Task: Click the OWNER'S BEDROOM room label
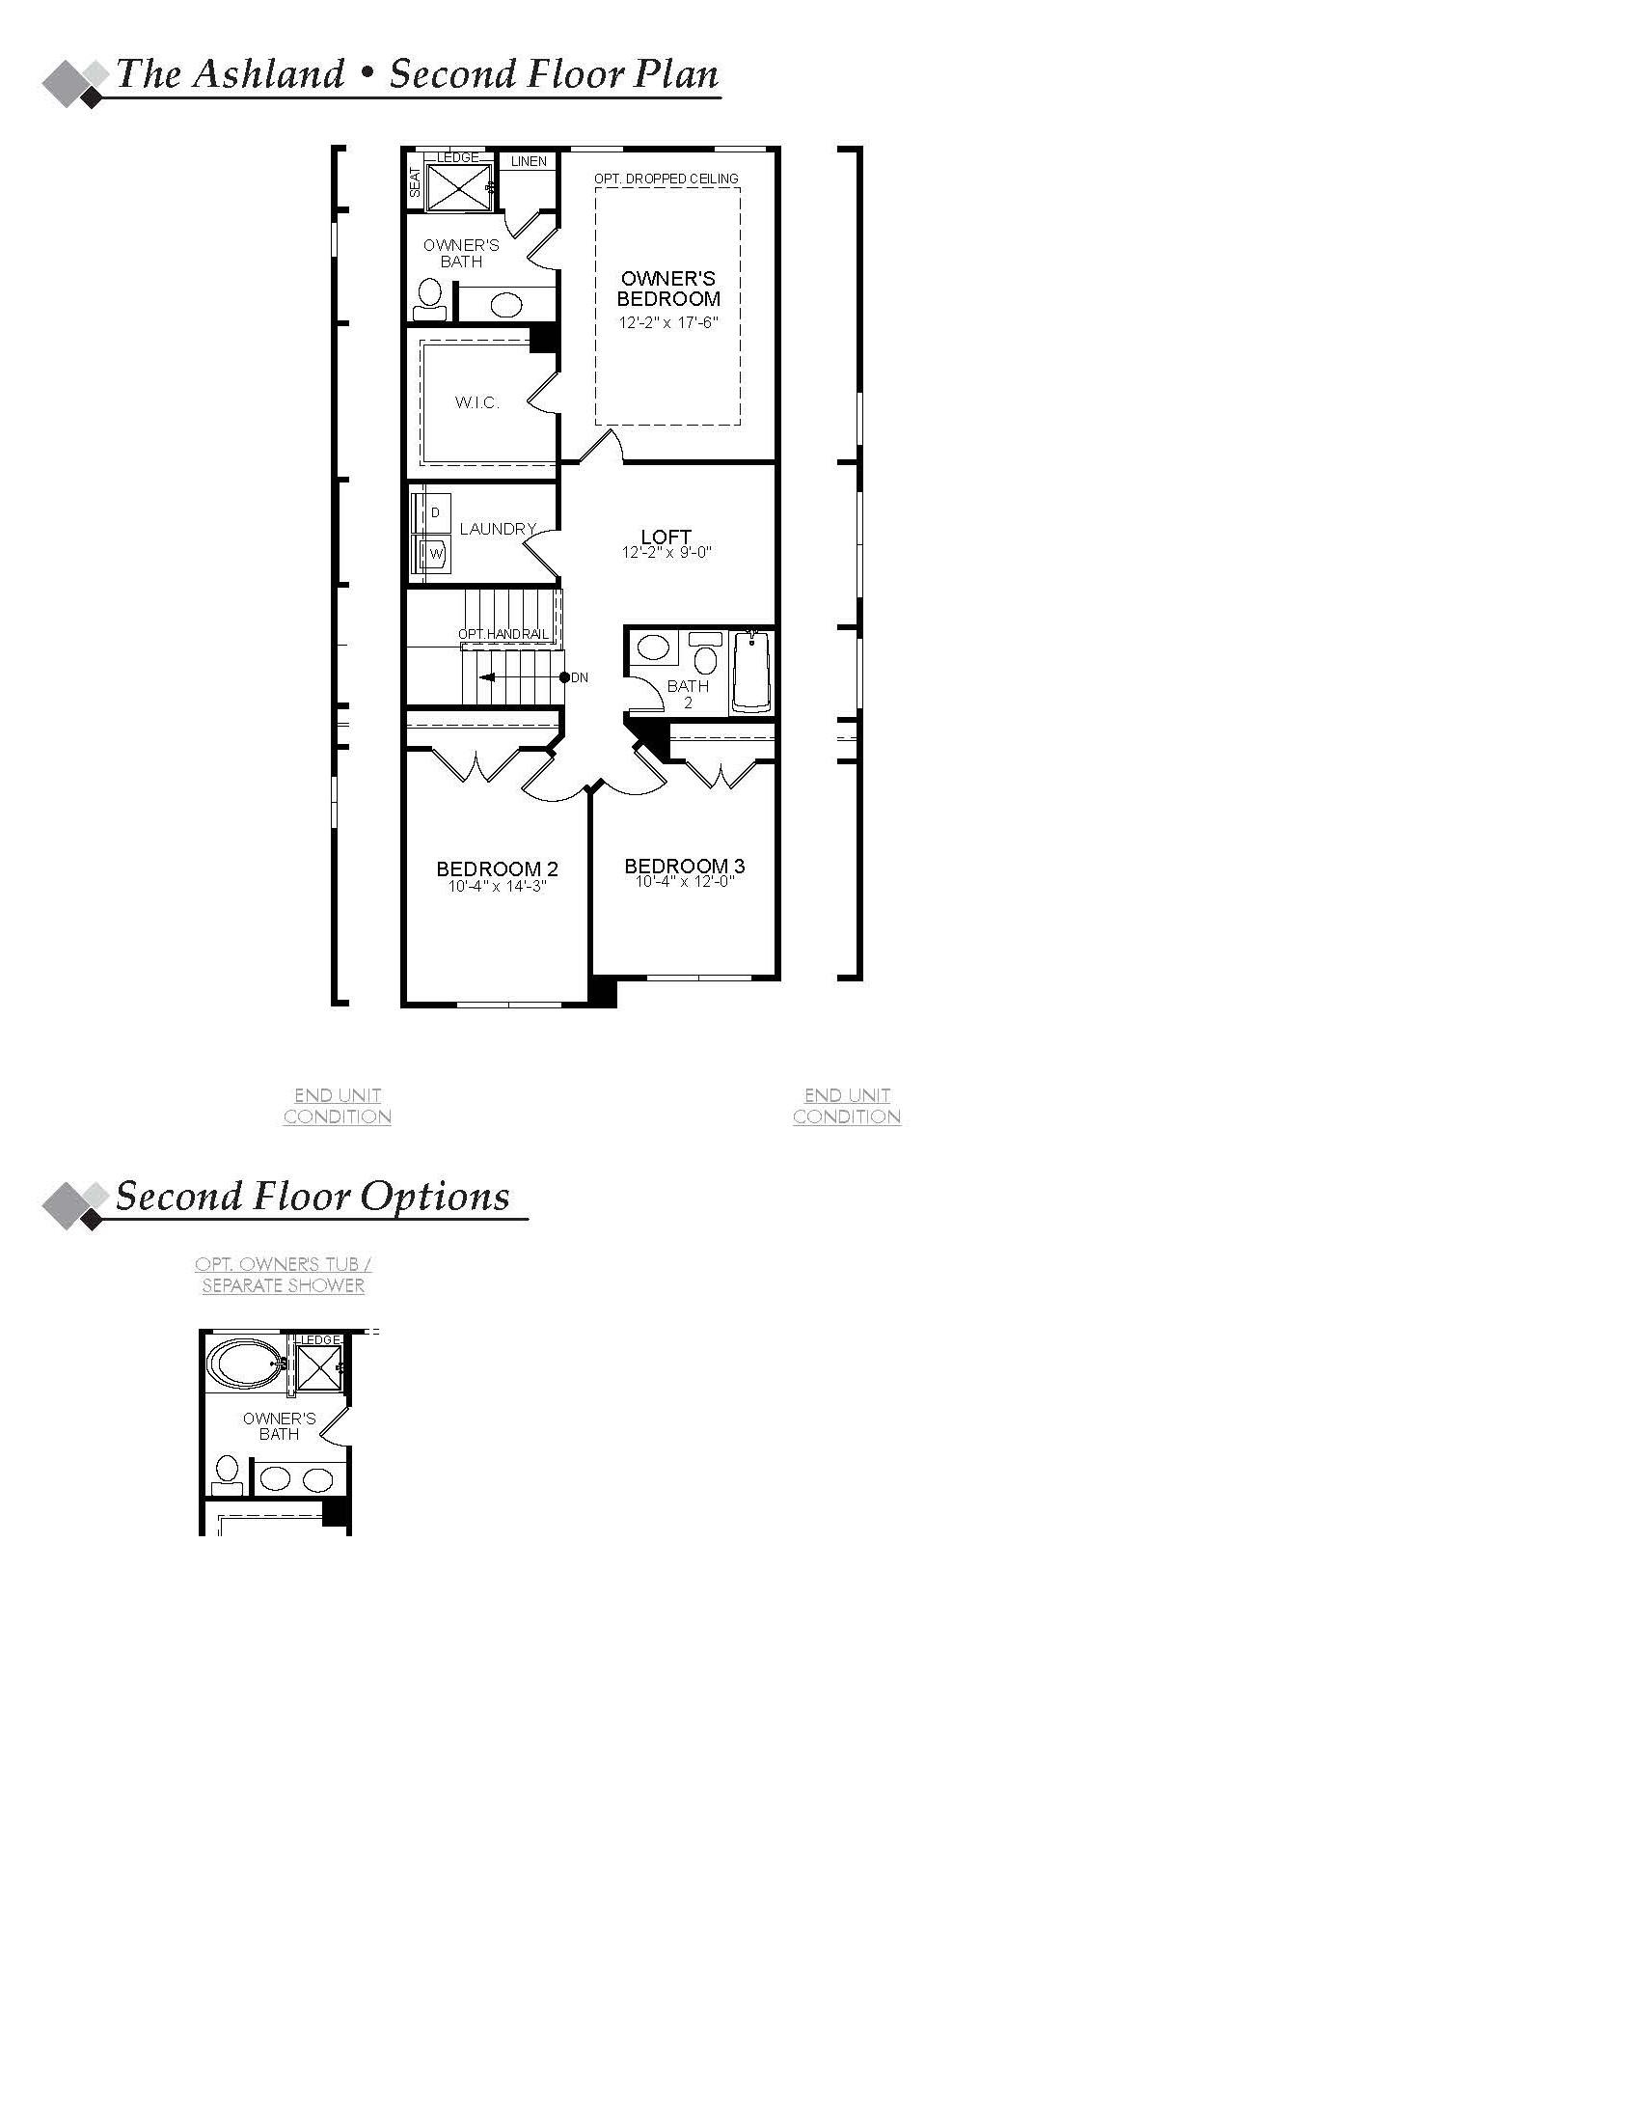(668, 289)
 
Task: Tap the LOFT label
(666, 537)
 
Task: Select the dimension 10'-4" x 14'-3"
(498, 886)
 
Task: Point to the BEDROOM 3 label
(684, 866)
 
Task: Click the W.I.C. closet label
(477, 402)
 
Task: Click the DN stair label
(580, 677)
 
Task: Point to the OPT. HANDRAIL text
(503, 634)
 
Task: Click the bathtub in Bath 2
(751, 673)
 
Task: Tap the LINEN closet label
(529, 161)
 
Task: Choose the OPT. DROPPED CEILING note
(666, 179)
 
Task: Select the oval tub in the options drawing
(246, 1364)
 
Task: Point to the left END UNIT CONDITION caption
(337, 1106)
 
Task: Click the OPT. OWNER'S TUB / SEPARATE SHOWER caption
(283, 1275)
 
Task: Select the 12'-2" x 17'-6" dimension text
(668, 321)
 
